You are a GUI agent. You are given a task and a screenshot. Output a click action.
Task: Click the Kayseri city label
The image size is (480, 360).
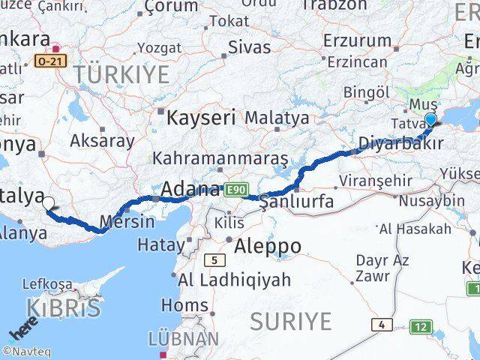point(201,118)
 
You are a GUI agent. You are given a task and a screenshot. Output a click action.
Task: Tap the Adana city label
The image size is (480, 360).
point(191,189)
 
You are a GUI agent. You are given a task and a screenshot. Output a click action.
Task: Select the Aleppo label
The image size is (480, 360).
point(268,246)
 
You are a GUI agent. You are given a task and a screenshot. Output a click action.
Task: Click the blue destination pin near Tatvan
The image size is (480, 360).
point(431,121)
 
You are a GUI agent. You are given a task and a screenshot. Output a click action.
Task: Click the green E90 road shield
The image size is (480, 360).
point(234,190)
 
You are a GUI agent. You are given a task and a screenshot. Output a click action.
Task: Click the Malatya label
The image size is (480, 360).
point(277,118)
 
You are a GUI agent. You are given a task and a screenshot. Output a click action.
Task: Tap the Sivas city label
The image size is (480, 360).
point(249,46)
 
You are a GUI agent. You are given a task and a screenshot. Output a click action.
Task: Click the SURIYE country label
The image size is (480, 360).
point(290,321)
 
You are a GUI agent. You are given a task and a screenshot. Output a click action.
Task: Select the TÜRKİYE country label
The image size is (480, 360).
point(121,74)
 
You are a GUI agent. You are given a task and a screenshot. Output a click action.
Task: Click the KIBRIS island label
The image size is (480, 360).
point(64,308)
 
